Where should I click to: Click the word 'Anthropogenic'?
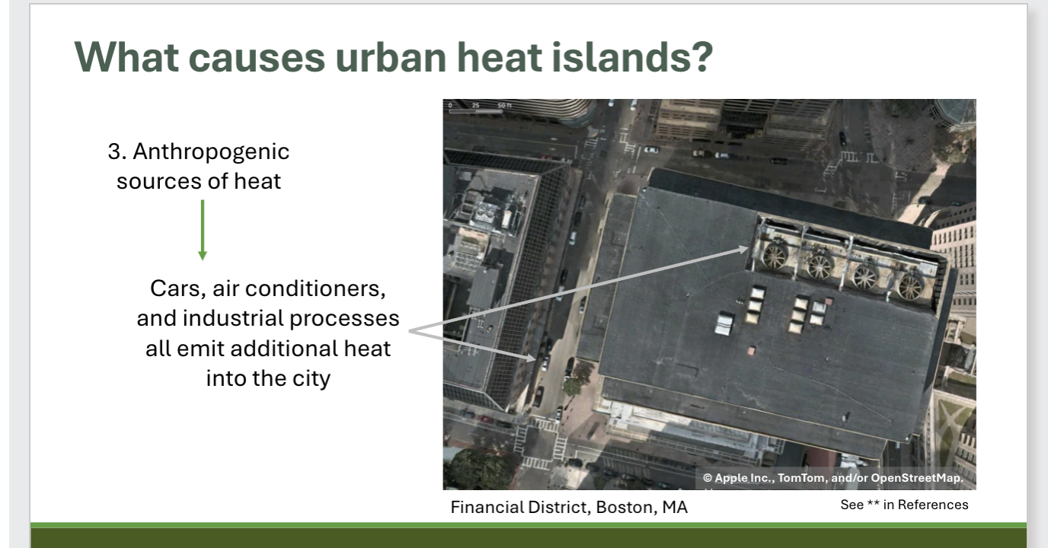(x=211, y=151)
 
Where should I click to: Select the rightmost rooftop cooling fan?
(x=911, y=285)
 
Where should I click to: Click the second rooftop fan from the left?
(x=820, y=266)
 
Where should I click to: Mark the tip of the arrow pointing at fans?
(x=750, y=247)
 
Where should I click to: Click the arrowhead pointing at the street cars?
(x=538, y=358)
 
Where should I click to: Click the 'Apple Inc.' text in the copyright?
(x=743, y=478)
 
